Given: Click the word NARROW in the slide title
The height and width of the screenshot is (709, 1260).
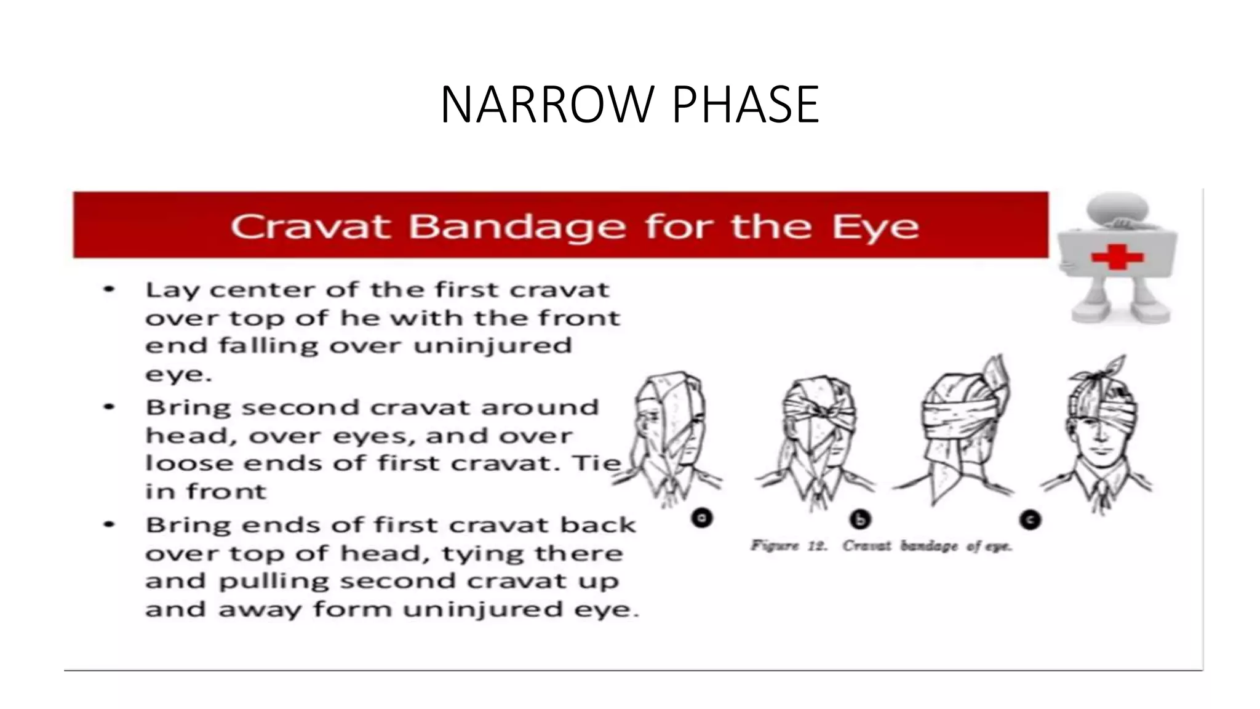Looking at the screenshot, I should pyautogui.click(x=546, y=105).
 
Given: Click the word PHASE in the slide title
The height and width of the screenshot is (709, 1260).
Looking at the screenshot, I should pyautogui.click(x=746, y=105).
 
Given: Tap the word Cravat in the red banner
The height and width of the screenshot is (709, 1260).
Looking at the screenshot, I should pyautogui.click(x=310, y=226).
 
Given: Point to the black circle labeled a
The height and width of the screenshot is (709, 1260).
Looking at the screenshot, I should pyautogui.click(x=702, y=518).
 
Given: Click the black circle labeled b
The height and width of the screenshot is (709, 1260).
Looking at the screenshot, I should pyautogui.click(x=860, y=520).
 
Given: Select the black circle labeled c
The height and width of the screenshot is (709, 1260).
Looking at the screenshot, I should pyautogui.click(x=1030, y=520).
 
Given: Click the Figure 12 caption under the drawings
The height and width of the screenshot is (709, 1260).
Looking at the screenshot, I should pyautogui.click(x=881, y=546).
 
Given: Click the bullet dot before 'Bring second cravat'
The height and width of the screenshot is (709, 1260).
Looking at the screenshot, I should pyautogui.click(x=110, y=407).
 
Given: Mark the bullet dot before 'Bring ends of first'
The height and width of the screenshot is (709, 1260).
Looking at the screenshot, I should pyautogui.click(x=110, y=524).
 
